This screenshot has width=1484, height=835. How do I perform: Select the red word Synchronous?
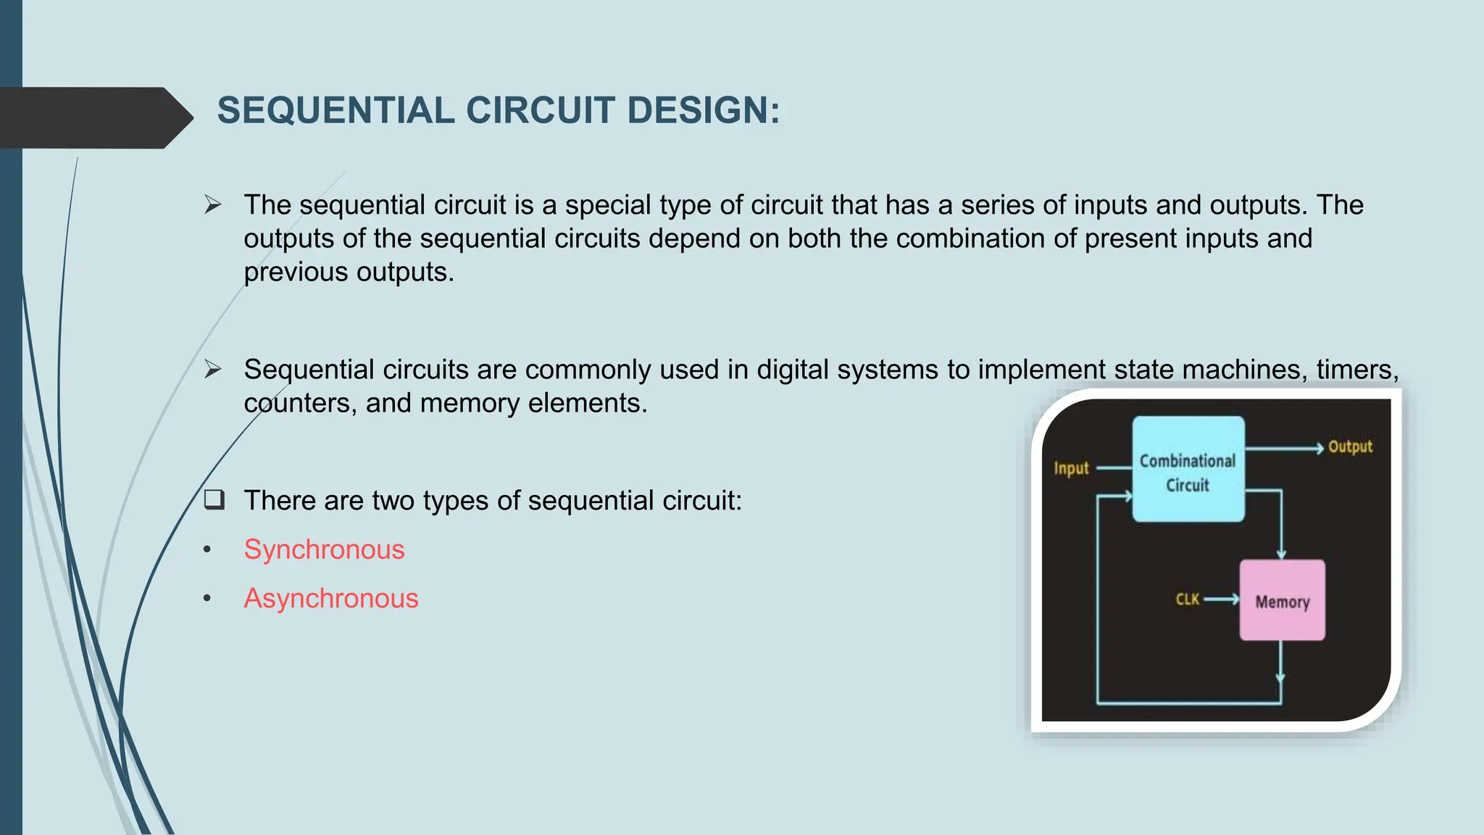coord(324,550)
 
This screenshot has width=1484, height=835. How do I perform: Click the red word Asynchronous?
coord(331,599)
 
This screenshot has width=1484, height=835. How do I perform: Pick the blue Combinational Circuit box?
coord(1188,469)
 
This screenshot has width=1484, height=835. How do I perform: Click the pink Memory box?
coord(1282,600)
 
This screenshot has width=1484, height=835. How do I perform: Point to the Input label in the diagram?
coord(1071,469)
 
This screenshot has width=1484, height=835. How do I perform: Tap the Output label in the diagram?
coord(1350,447)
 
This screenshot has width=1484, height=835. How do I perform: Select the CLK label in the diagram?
coord(1187,599)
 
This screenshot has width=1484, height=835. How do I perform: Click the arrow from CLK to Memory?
coord(1222,599)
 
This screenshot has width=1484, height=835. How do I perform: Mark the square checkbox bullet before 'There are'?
coord(214,499)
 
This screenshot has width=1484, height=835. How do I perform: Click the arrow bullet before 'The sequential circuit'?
coord(212,205)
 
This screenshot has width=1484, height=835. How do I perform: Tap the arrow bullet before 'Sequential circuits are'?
coord(212,370)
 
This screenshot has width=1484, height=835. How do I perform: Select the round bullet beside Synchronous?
coord(207,550)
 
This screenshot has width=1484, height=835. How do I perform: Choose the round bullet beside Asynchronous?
coord(207,599)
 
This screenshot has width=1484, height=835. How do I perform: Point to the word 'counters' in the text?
coord(300,404)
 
